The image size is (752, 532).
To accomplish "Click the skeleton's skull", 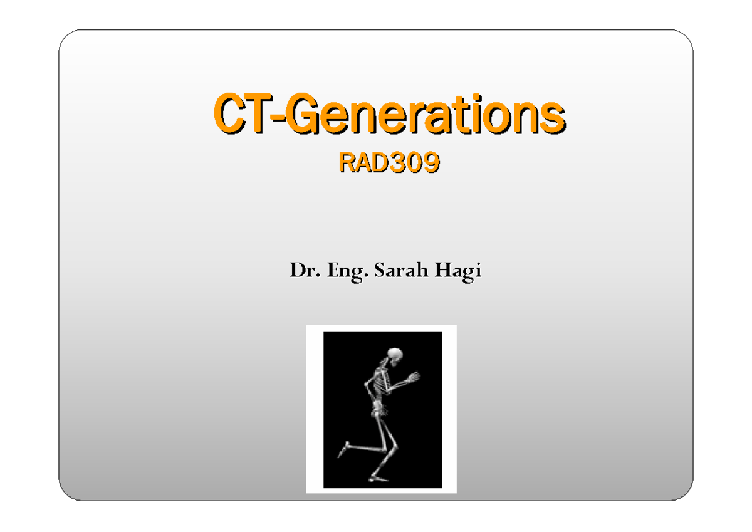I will [395, 356].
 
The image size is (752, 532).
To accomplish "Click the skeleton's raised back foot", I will [343, 449].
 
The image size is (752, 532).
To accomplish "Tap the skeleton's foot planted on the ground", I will [378, 479].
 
